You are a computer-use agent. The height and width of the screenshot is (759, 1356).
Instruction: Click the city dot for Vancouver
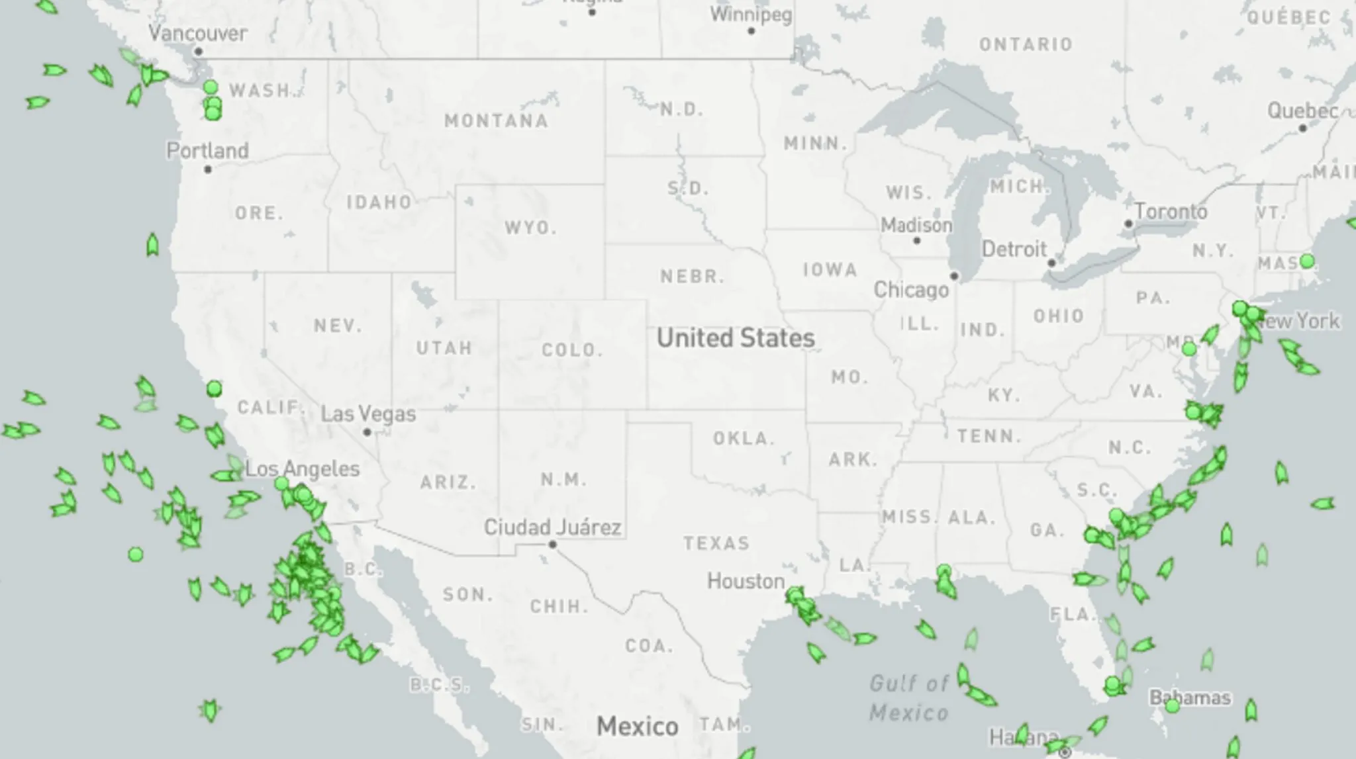(198, 52)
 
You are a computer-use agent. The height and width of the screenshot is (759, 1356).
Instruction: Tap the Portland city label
(207, 151)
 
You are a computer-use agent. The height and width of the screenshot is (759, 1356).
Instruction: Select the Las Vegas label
(368, 414)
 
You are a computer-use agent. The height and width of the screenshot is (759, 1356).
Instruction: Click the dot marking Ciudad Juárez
(552, 545)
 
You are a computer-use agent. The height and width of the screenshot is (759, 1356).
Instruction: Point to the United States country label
(736, 338)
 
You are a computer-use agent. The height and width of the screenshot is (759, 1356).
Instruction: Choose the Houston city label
(746, 581)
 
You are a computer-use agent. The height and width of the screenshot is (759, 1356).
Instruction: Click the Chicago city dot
(954, 276)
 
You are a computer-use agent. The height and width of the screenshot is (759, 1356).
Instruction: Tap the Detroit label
(1014, 249)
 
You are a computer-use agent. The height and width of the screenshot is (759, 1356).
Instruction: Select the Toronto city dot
(1128, 224)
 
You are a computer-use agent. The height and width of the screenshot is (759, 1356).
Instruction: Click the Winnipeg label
(751, 15)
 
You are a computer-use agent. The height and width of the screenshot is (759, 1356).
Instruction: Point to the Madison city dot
(916, 240)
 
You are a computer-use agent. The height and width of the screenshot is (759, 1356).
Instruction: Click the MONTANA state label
(496, 121)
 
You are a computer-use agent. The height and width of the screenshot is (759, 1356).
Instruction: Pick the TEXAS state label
(716, 543)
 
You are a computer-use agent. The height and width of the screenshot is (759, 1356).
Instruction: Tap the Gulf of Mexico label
(908, 697)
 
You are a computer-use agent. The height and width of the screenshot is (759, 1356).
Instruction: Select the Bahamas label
(1190, 697)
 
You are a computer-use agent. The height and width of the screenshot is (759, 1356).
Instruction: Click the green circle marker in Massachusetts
(1306, 261)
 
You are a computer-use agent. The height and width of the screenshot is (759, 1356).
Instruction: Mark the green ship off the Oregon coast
(152, 245)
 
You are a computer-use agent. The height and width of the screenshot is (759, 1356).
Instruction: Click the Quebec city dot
(1302, 128)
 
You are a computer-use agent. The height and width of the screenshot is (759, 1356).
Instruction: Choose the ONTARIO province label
(1026, 44)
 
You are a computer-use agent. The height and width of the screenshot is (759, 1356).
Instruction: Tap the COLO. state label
(572, 350)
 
